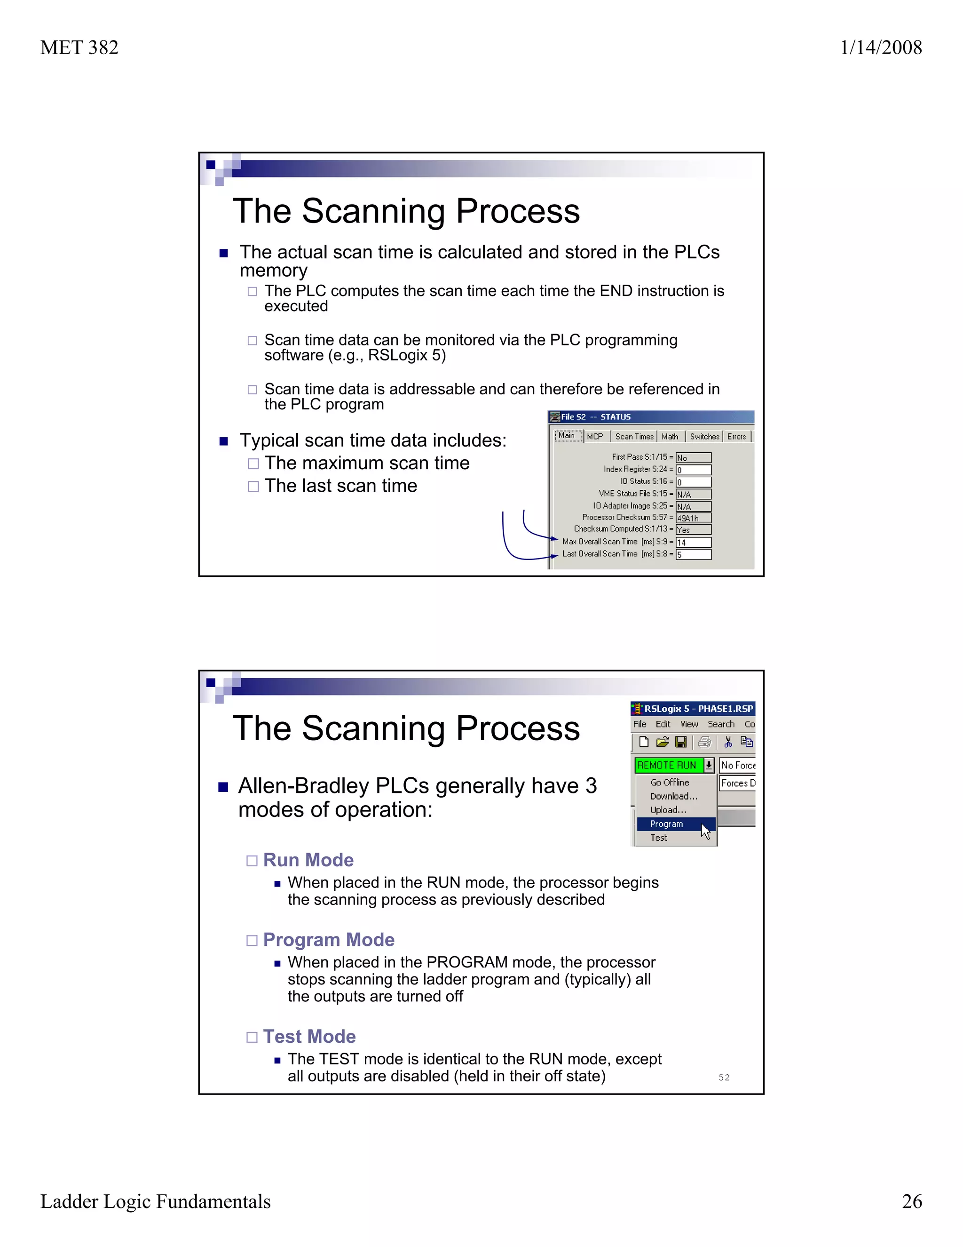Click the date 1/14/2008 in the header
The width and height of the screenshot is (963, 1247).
pos(880,48)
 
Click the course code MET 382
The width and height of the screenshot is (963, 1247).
pos(79,48)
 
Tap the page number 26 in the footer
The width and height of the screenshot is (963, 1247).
pos(912,1201)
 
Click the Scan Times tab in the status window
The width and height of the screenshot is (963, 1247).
pos(634,436)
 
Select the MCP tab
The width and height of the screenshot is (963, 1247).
pos(594,436)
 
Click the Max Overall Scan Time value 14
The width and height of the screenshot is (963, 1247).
pos(693,543)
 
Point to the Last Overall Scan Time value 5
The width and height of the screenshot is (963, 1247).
pos(693,554)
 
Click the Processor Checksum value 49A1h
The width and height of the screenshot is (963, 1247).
pos(693,518)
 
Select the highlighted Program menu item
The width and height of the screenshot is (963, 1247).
pos(666,824)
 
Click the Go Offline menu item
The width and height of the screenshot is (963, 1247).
pos(669,782)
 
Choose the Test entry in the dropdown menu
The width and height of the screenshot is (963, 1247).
pos(658,838)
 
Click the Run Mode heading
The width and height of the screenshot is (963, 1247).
pos(308,860)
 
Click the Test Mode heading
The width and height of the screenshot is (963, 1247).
pos(309,1036)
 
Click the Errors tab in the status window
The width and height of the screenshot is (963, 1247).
pos(736,436)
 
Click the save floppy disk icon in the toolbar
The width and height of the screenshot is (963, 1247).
pos(680,742)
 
